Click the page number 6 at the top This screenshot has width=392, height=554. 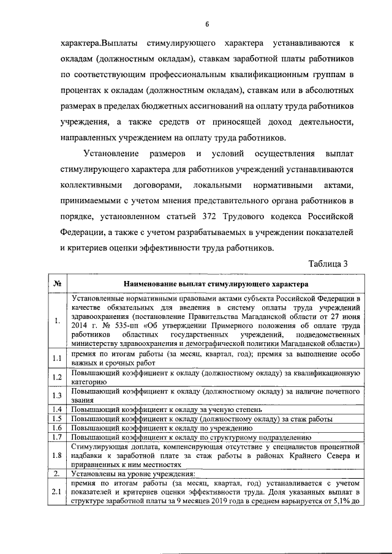click(x=206, y=24)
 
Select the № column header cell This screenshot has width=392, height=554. click(x=56, y=284)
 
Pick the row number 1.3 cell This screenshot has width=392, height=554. click(x=56, y=396)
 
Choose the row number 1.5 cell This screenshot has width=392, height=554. click(x=56, y=419)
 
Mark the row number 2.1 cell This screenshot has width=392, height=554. click(x=56, y=492)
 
